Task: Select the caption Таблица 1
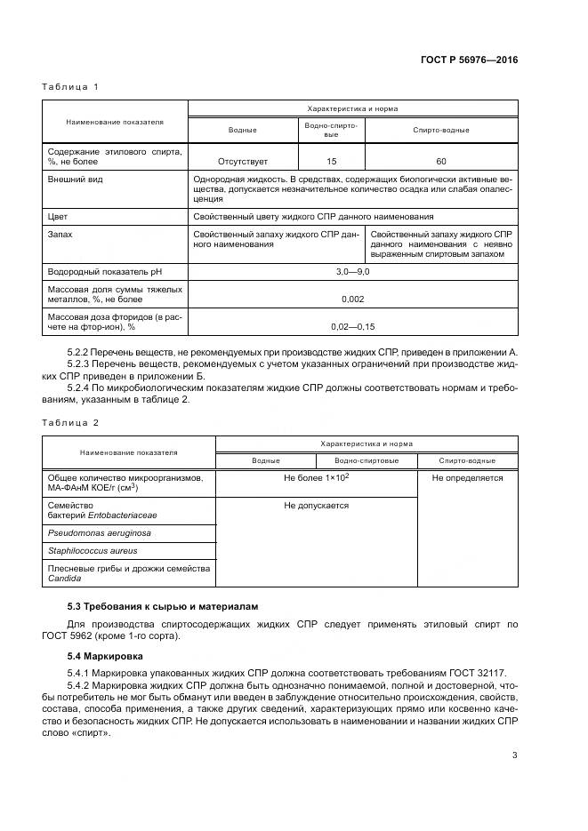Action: [69, 86]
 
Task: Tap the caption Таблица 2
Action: [69, 422]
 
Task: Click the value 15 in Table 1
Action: [331, 162]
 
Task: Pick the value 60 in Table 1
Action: [441, 162]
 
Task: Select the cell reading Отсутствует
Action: [243, 162]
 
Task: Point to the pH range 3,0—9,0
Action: [352, 269]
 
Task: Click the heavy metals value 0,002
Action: [352, 300]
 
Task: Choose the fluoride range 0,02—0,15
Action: [352, 326]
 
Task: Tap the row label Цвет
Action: [58, 216]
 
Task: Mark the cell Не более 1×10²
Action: [316, 478]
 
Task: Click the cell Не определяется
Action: [467, 478]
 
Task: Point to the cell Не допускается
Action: [316, 505]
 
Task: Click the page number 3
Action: [514, 755]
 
